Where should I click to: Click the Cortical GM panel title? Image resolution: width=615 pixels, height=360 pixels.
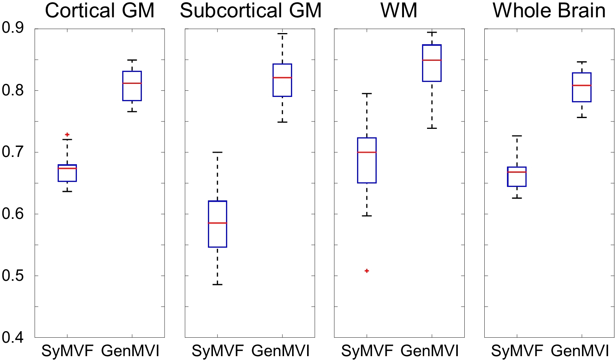pyautogui.click(x=100, y=11)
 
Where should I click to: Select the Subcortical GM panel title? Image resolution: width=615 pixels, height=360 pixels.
pyautogui.click(x=251, y=11)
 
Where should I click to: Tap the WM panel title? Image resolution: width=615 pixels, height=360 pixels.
pyautogui.click(x=399, y=11)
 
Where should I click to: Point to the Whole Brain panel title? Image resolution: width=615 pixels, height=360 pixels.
pyautogui.click(x=549, y=11)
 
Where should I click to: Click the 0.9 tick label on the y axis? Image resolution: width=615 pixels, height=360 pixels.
pyautogui.click(x=13, y=28)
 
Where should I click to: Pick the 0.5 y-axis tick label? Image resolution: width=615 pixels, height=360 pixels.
pyautogui.click(x=13, y=275)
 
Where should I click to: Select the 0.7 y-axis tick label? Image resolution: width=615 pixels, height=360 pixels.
pyautogui.click(x=13, y=152)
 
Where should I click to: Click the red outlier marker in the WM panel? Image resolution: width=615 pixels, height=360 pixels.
pyautogui.click(x=367, y=271)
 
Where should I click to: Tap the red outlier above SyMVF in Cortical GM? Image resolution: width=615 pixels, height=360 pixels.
pyautogui.click(x=67, y=135)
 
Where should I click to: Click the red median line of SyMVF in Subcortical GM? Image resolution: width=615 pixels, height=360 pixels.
pyautogui.click(x=218, y=223)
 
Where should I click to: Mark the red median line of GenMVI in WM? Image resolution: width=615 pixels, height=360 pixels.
pyautogui.click(x=432, y=60)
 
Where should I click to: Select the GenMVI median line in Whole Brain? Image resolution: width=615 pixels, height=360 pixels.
pyautogui.click(x=582, y=85)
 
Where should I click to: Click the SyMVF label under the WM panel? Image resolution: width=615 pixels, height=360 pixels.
pyautogui.click(x=367, y=351)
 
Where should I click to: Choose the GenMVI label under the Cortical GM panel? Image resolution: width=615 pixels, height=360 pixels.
pyautogui.click(x=130, y=351)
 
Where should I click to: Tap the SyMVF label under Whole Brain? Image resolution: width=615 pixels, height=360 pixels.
pyautogui.click(x=517, y=351)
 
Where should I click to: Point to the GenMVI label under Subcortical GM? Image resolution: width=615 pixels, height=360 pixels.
pyautogui.click(x=281, y=351)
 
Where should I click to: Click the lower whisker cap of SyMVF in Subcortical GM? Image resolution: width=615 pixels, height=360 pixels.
pyautogui.click(x=218, y=284)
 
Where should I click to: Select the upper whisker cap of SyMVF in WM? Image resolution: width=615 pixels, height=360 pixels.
pyautogui.click(x=367, y=93)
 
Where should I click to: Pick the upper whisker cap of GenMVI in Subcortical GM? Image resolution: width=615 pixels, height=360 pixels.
pyautogui.click(x=283, y=34)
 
